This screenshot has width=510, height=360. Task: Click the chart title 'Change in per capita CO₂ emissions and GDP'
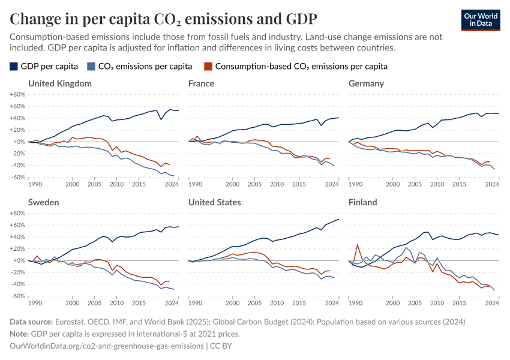(163, 19)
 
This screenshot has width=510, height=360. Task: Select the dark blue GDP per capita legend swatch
(14, 66)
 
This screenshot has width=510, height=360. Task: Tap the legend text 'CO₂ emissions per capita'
(145, 66)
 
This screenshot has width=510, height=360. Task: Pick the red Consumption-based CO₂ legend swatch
(208, 66)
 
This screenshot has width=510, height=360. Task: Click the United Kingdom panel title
(60, 83)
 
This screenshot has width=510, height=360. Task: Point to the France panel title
(201, 83)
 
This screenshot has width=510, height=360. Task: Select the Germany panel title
(366, 83)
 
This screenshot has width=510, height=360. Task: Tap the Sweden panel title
(43, 202)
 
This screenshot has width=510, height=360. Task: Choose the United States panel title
(214, 202)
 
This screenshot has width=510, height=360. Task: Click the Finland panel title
(362, 202)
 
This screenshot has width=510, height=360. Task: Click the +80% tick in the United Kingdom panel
(17, 95)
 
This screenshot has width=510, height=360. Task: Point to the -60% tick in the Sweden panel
(17, 296)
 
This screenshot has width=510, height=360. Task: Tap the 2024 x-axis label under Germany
(492, 184)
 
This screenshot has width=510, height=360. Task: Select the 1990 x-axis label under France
(195, 184)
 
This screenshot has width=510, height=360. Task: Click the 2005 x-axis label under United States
(254, 303)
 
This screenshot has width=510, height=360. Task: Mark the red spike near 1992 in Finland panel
(358, 245)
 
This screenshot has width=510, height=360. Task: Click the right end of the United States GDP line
(338, 219)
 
